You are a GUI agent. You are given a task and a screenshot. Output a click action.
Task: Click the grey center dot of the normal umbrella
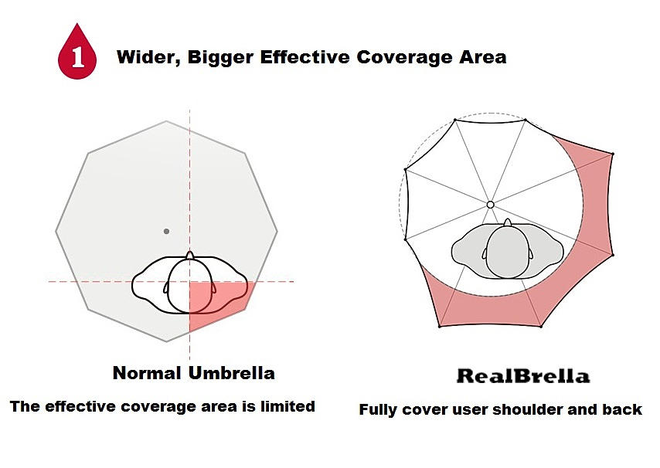(166, 231)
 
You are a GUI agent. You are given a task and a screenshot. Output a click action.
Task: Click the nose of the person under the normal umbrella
(189, 254)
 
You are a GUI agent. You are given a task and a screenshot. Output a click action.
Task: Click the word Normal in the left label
(148, 373)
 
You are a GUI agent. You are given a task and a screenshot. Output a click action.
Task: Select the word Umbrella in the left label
(231, 373)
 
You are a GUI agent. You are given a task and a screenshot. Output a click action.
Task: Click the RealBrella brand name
(522, 377)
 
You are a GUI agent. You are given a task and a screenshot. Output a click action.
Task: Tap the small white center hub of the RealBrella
(490, 205)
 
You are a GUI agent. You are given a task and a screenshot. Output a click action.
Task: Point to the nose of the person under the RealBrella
(507, 223)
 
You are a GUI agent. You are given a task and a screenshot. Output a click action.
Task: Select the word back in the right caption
(623, 409)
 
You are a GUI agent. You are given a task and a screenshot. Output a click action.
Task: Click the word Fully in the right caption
(378, 410)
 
